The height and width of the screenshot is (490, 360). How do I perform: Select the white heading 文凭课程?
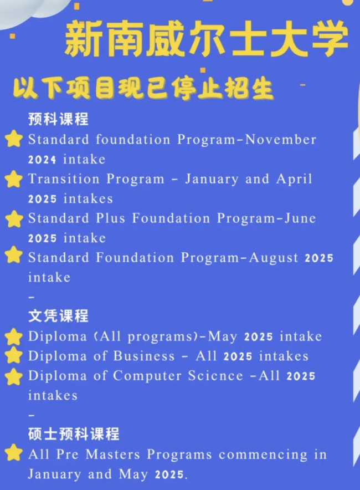click(58, 315)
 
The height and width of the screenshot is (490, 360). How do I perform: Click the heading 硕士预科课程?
click(74, 434)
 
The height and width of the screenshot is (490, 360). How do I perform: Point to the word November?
click(281, 139)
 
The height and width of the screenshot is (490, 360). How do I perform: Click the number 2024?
click(42, 160)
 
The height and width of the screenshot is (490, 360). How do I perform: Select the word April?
click(294, 179)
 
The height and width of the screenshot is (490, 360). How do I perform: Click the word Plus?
click(111, 218)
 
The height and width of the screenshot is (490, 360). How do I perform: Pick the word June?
click(300, 218)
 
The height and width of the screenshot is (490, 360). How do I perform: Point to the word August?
click(274, 258)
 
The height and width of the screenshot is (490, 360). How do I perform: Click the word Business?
click(144, 356)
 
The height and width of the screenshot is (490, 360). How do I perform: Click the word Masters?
click(113, 455)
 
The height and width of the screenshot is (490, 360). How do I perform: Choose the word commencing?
click(263, 455)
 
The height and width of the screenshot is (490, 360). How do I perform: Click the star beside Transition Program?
click(13, 179)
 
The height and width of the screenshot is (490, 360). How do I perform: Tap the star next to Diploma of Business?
click(13, 355)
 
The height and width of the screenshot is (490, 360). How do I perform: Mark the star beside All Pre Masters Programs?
click(13, 453)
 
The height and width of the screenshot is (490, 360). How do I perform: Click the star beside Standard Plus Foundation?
click(14, 219)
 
